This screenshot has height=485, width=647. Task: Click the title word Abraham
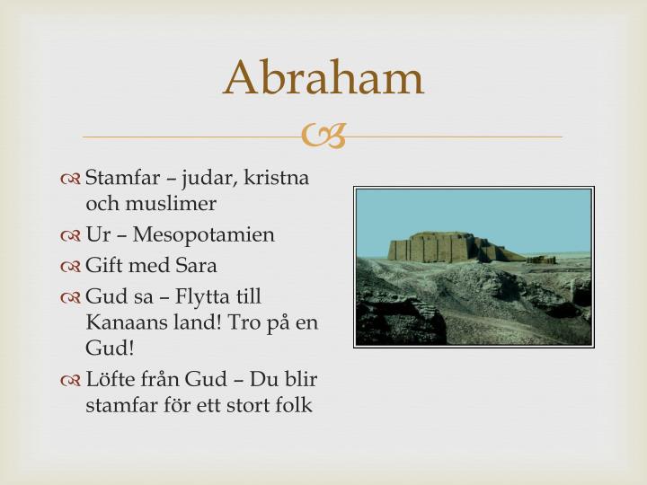pyautogui.click(x=323, y=78)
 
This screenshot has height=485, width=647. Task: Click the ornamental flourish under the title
pyautogui.click(x=323, y=137)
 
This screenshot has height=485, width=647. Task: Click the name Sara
pyautogui.click(x=197, y=266)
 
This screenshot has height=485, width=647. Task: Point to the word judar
pyautogui.click(x=207, y=178)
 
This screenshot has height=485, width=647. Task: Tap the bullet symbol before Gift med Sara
pyautogui.click(x=72, y=267)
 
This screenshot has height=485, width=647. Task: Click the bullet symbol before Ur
pyautogui.click(x=72, y=236)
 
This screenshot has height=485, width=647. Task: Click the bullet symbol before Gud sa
pyautogui.click(x=72, y=297)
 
